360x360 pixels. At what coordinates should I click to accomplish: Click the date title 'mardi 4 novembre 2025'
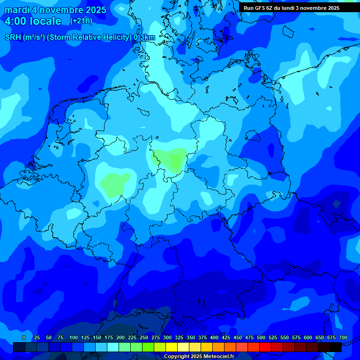click(x=55, y=10)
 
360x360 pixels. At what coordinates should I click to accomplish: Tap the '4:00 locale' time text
click(x=33, y=21)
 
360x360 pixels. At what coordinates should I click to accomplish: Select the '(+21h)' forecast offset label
click(x=81, y=21)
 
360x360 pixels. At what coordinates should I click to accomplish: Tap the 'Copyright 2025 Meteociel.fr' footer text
click(x=199, y=356)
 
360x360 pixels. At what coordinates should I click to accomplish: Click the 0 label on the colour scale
click(x=24, y=337)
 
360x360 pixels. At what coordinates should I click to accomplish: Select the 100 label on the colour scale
click(x=74, y=337)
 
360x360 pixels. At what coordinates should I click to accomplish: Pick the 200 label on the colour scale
click(x=120, y=337)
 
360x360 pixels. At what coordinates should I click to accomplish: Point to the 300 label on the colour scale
click(x=167, y=337)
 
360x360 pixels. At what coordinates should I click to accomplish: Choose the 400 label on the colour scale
click(x=214, y=337)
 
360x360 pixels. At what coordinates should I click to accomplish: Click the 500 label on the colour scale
click(x=261, y=337)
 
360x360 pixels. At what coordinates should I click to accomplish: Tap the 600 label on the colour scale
click(x=308, y=337)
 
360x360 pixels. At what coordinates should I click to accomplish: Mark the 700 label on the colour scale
click(x=343, y=337)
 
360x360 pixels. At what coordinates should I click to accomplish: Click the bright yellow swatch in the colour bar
click(x=172, y=347)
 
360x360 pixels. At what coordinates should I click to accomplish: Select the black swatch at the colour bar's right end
click(x=336, y=347)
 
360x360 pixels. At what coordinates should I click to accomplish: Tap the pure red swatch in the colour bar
click(x=265, y=347)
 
